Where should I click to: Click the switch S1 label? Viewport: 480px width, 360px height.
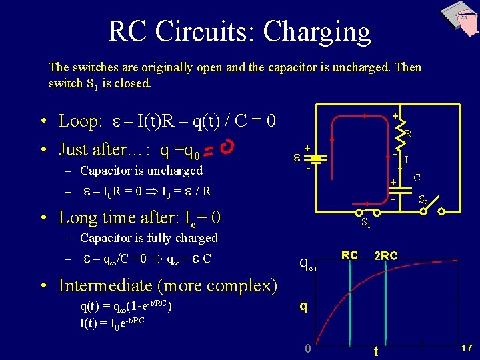tap(366, 224)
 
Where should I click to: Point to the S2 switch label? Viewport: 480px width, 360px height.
tap(423, 200)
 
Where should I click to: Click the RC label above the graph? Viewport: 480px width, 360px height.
tap(349, 255)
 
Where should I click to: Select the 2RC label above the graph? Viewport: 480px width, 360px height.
tap(386, 255)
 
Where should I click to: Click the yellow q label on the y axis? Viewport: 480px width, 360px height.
tap(303, 307)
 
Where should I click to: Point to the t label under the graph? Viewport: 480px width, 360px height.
tap(377, 351)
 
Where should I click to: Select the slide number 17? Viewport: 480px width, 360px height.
tap(466, 348)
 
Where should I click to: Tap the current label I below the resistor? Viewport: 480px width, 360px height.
tap(407, 160)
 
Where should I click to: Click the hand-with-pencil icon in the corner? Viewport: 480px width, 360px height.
tap(461, 18)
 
